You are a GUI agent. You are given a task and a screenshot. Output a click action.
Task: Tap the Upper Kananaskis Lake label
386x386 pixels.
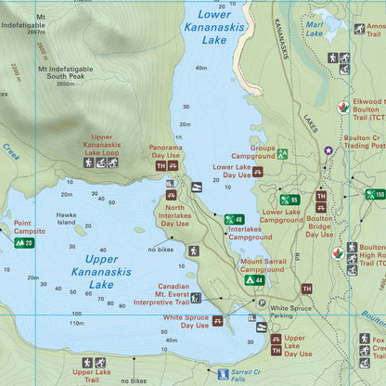click(96, 272)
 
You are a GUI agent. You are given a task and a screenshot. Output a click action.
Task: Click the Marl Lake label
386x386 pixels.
click(315, 29)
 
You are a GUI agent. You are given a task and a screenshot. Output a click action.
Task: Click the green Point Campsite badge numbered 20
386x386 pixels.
click(23, 243)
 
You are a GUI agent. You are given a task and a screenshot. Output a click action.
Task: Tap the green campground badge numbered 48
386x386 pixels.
click(234, 220)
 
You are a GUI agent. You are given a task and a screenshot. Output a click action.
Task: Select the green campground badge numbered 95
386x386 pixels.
click(289, 199)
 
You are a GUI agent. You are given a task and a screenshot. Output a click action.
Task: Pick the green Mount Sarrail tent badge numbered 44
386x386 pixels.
click(254, 279)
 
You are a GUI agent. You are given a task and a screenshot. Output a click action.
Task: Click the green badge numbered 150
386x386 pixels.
click(375, 194)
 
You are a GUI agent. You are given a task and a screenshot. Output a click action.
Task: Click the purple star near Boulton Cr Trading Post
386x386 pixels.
click(327, 150)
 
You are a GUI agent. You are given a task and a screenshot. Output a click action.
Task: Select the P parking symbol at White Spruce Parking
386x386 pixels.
click(262, 302)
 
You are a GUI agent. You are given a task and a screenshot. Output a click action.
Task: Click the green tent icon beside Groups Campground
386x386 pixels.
click(282, 154)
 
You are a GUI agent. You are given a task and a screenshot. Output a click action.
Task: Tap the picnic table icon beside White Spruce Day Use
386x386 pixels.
click(217, 320)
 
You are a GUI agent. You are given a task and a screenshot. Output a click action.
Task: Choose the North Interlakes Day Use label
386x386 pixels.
click(174, 216)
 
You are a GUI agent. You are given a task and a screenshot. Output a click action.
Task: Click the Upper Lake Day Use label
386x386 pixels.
click(298, 345)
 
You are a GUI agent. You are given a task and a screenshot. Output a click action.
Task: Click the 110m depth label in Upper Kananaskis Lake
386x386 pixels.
click(75, 324)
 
